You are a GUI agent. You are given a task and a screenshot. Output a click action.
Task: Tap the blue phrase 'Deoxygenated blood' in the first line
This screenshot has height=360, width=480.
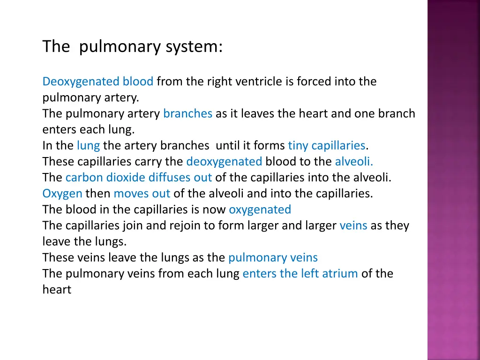point(98,82)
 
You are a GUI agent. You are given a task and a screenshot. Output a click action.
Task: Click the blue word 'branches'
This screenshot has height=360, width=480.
point(187,114)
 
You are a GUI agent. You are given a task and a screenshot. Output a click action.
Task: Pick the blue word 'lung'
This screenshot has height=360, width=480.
point(88,146)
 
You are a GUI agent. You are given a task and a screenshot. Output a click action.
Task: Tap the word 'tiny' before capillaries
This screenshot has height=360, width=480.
point(298,146)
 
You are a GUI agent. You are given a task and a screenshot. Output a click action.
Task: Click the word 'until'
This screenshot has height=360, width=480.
point(228,146)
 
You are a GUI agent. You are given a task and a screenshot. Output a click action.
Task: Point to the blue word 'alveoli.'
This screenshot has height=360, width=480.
point(354,162)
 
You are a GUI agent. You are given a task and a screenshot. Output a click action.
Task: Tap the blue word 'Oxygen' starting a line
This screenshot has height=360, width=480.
point(62,194)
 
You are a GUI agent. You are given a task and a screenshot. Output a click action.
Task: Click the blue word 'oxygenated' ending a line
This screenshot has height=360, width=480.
point(260,210)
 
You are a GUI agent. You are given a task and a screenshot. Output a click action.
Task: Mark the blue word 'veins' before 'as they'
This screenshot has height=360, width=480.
point(353,226)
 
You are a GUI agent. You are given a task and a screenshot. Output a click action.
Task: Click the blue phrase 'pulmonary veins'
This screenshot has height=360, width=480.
point(273,258)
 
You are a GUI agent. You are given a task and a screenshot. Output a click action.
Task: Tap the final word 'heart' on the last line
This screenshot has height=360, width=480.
point(57,290)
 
